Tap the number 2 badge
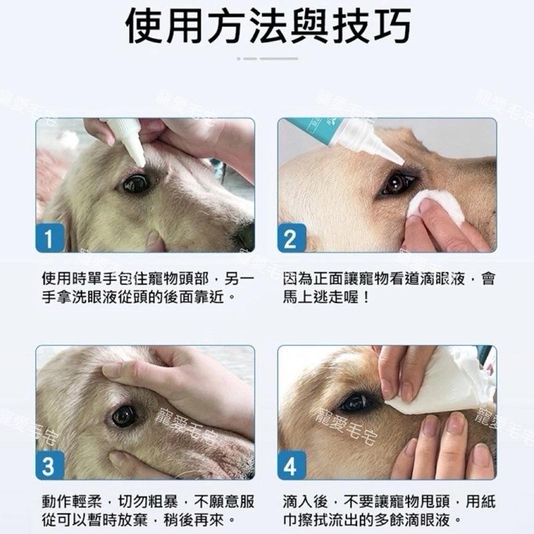(x=291, y=238)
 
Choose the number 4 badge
(x=291, y=465)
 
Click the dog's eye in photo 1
(x=136, y=183)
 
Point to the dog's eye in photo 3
(x=125, y=415)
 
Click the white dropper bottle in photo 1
(x=127, y=139)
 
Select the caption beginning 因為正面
(x=388, y=286)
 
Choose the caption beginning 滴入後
(x=388, y=511)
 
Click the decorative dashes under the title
(x=267, y=59)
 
